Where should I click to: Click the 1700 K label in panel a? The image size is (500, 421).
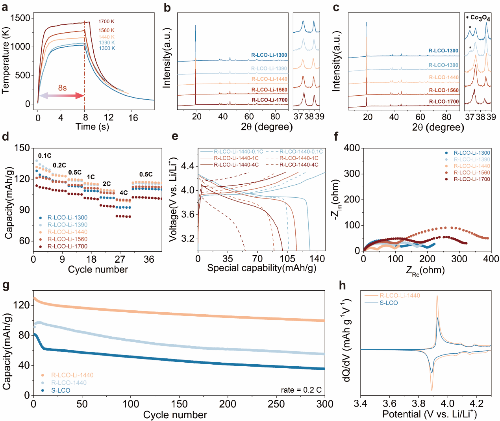[x=106, y=22]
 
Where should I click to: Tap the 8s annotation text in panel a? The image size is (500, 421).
[x=62, y=88]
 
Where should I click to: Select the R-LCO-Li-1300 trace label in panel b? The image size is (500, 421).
[x=269, y=55]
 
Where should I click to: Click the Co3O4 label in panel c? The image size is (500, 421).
[x=480, y=18]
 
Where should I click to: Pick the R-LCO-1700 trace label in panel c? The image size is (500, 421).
[x=444, y=102]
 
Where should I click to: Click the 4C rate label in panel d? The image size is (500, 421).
[x=124, y=193]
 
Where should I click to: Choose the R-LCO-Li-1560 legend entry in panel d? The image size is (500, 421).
[x=67, y=239]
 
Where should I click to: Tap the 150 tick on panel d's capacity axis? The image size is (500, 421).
[x=22, y=148]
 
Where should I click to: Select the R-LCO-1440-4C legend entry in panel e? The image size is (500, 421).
[x=299, y=165]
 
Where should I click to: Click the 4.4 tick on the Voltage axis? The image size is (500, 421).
[x=188, y=166]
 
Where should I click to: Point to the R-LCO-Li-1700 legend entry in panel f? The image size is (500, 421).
[x=472, y=179]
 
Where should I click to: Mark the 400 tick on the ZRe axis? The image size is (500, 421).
[x=491, y=259]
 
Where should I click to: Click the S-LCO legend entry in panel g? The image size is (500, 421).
[x=61, y=390]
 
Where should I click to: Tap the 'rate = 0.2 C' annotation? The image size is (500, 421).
[x=301, y=390]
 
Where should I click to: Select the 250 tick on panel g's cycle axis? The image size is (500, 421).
[x=276, y=404]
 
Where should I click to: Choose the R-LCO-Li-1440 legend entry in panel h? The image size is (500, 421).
[x=400, y=295]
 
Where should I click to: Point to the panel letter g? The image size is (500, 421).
[x=6, y=285]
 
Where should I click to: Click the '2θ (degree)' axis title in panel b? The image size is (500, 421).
[x=267, y=127]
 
